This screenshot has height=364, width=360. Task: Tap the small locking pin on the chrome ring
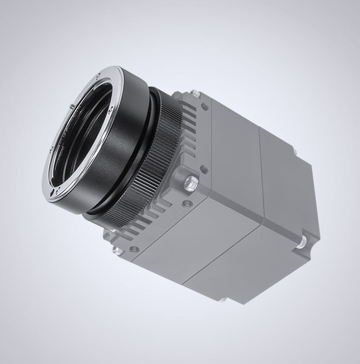tap(71, 106)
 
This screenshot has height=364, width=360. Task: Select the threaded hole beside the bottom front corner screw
tap(134, 249)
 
